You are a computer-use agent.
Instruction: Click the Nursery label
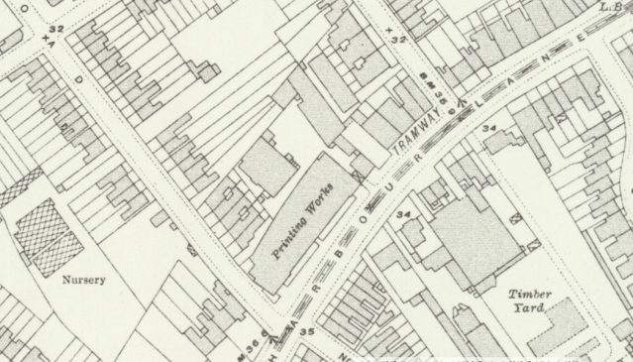(83, 280)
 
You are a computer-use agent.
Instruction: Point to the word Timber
(529, 295)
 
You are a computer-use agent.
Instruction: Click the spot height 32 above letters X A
(55, 30)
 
